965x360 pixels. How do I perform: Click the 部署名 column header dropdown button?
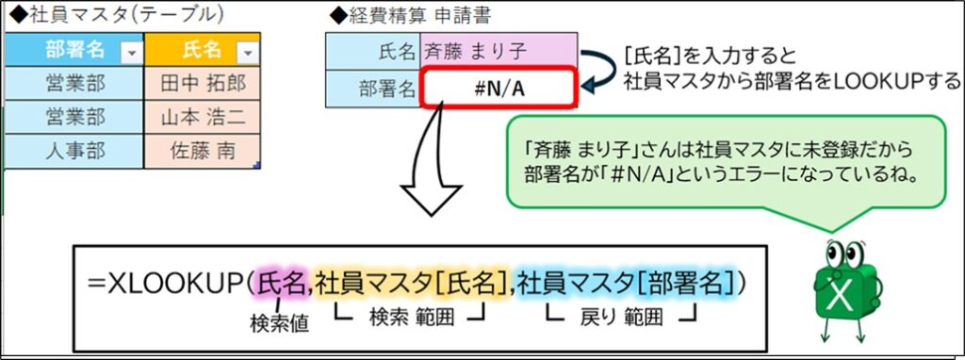pyautogui.click(x=130, y=53)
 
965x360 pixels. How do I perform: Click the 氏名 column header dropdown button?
pyautogui.click(x=247, y=53)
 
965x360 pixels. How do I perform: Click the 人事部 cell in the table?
pyautogui.click(x=74, y=151)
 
